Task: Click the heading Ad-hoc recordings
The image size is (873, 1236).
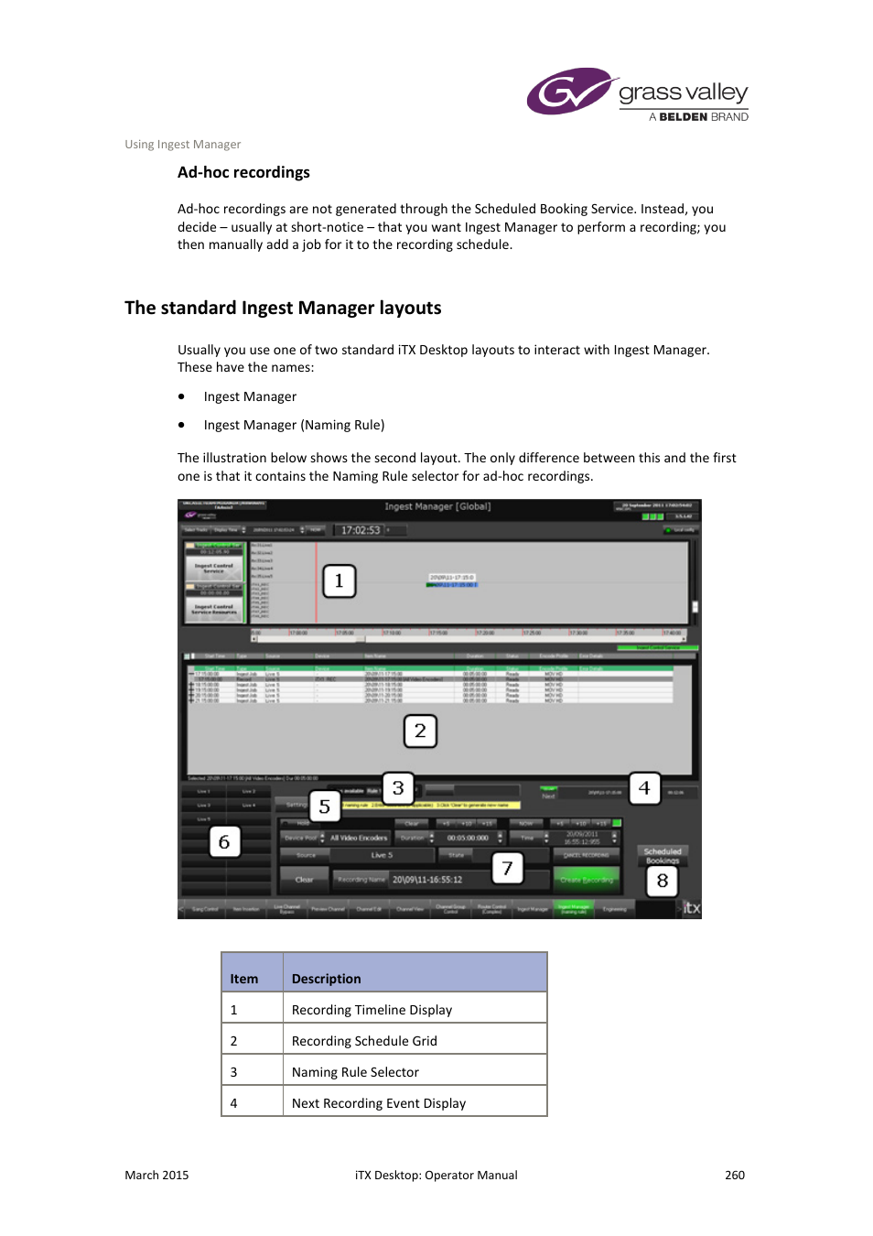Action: [x=243, y=173]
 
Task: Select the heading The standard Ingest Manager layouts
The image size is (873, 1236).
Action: [x=283, y=309]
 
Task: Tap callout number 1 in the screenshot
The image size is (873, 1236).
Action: [x=339, y=580]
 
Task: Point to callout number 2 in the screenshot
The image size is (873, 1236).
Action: [x=420, y=731]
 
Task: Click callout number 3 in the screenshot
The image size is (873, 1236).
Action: [x=398, y=788]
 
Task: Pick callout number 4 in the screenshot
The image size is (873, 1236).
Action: [x=644, y=788]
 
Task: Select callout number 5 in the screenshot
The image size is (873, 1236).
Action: [x=324, y=808]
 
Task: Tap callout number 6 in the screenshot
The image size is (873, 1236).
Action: [x=224, y=842]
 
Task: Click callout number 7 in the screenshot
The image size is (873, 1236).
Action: [x=507, y=868]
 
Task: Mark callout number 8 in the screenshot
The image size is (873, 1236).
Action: [x=663, y=882]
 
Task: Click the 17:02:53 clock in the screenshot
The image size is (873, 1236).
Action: [x=361, y=530]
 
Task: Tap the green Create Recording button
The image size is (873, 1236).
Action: [x=586, y=880]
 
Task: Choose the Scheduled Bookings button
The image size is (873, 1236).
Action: [x=663, y=854]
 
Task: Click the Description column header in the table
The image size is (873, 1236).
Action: [x=327, y=979]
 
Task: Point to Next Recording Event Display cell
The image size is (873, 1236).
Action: [x=379, y=1103]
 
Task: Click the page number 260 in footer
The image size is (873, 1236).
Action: [x=735, y=1176]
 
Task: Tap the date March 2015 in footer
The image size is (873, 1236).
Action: [x=156, y=1176]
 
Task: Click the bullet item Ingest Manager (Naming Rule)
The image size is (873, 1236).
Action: [x=294, y=425]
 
